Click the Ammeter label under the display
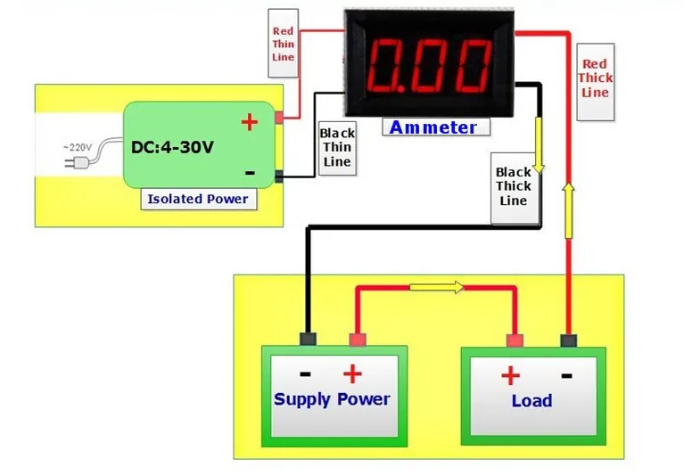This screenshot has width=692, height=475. click(432, 127)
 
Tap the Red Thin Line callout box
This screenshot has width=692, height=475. click(283, 45)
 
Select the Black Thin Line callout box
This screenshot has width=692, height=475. click(337, 147)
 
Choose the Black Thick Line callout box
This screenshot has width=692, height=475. click(514, 186)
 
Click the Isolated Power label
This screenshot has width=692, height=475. click(199, 199)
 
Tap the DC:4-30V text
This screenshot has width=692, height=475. click(172, 147)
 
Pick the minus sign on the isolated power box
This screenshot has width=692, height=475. click(250, 173)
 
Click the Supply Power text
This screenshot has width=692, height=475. click(332, 398)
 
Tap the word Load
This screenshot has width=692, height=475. click(531, 401)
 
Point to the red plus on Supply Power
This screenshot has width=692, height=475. click(353, 373)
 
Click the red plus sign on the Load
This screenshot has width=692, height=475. click(510, 374)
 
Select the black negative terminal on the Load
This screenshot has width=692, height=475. click(567, 340)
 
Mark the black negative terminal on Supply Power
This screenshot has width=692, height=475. click(309, 339)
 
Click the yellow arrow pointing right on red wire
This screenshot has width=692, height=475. click(437, 288)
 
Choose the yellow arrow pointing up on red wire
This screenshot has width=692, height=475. click(567, 198)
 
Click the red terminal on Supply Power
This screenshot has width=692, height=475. click(358, 340)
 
